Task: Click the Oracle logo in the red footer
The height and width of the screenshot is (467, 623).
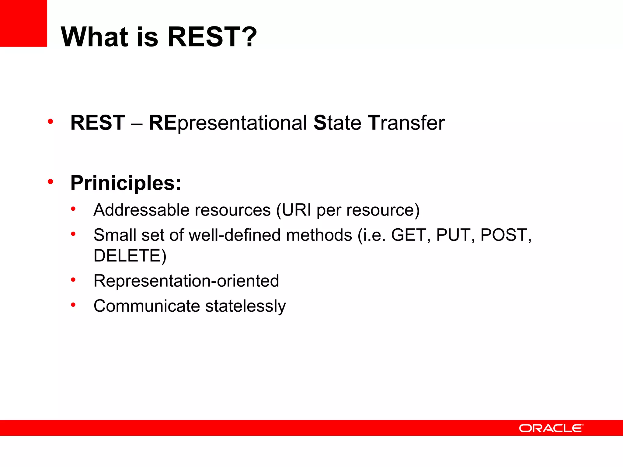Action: point(551,428)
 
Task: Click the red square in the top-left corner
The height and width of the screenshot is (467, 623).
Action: point(23,23)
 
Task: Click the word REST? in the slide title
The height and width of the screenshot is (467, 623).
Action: point(212,37)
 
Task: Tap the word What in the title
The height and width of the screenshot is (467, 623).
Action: point(95,37)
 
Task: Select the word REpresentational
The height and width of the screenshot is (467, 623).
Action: point(228,123)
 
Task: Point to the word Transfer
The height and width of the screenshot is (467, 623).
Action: point(406,123)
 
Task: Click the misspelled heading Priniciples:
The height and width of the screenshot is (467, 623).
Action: point(126,183)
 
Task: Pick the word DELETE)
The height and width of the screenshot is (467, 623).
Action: point(130,256)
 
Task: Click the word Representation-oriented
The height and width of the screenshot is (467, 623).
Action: point(186,281)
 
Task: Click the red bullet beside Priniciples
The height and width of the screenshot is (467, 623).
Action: point(50,182)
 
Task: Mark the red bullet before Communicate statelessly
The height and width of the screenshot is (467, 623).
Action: point(73,304)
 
